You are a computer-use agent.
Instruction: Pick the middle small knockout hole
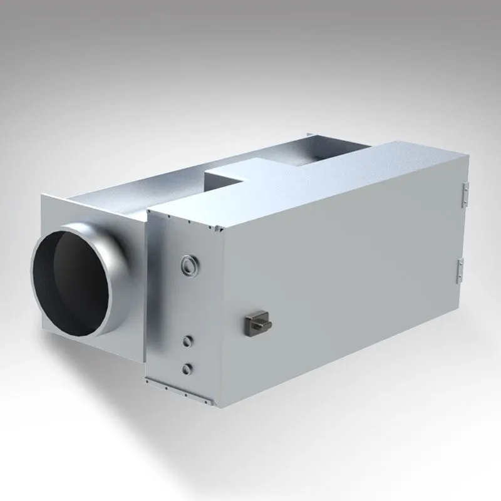186,341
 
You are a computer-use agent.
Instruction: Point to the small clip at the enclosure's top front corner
222,231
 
